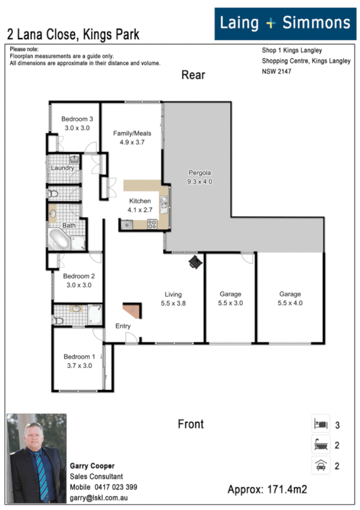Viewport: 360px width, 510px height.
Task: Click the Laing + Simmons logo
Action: [x=285, y=23]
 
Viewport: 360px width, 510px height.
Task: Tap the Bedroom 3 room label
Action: [x=77, y=123]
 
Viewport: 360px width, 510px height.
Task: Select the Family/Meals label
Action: [x=132, y=138]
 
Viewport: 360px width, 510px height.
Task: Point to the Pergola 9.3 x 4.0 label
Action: [x=200, y=176]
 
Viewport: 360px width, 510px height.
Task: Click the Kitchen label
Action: [x=140, y=205]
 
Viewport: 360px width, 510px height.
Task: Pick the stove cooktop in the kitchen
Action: [x=152, y=225]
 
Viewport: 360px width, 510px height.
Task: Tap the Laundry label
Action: [x=63, y=168]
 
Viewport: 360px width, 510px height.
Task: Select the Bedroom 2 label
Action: [x=79, y=281]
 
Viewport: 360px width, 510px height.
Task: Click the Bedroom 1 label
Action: [x=79, y=361]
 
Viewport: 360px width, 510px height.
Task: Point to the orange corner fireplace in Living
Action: [x=133, y=310]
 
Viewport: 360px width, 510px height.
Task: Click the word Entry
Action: [x=123, y=326]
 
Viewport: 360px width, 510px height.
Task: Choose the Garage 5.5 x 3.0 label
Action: [x=230, y=299]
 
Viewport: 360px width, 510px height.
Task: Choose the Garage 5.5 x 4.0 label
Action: [x=290, y=299]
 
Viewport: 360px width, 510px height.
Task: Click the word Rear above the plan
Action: [x=193, y=75]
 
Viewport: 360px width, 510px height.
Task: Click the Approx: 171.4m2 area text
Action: [x=267, y=490]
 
